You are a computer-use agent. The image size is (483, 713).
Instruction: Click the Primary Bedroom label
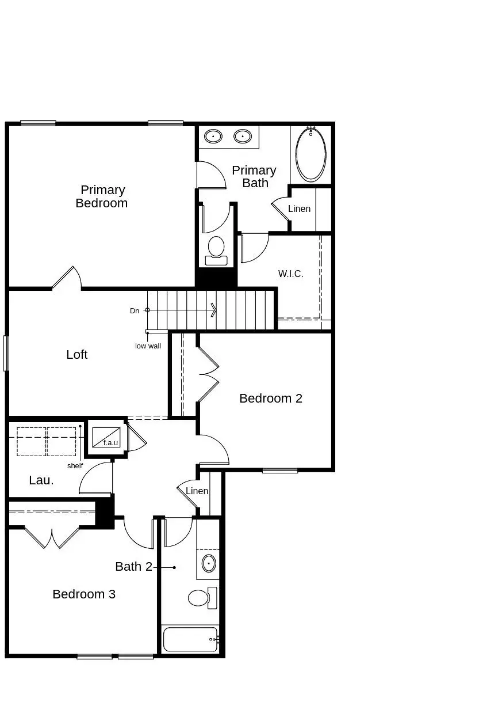102,196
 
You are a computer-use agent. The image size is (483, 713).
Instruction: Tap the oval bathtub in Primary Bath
310,154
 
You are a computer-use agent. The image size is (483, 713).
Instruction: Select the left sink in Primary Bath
213,137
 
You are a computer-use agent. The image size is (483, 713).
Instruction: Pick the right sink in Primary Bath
243,137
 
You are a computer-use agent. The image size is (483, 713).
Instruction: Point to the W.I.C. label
290,274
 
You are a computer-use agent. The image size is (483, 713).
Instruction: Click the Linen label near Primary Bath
299,209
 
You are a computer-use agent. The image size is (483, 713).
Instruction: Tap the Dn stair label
135,311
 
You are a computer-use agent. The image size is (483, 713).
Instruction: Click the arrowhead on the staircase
213,310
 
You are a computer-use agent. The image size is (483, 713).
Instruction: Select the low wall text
148,346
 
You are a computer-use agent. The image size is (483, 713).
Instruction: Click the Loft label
77,355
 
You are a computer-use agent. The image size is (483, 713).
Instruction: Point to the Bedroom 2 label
271,399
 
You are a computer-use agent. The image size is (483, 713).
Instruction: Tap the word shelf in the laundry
75,466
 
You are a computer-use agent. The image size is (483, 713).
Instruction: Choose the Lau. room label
41,480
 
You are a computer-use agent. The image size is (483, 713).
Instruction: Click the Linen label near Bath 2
197,491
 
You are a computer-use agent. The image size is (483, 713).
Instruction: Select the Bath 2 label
133,567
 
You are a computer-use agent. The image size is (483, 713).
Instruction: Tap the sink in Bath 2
209,563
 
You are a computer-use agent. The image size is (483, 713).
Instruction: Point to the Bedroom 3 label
84,594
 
